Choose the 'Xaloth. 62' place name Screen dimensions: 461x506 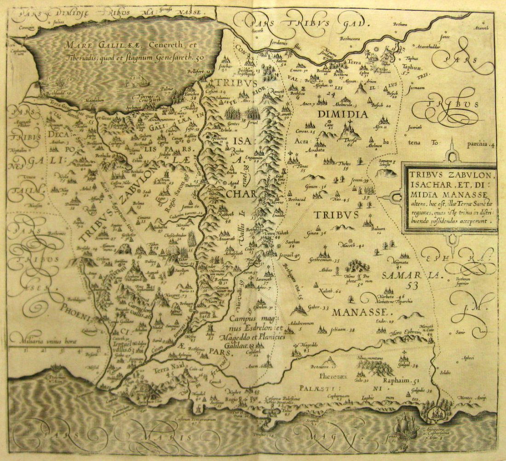coord(330,291)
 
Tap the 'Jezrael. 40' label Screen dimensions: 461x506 coord(290,255)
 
